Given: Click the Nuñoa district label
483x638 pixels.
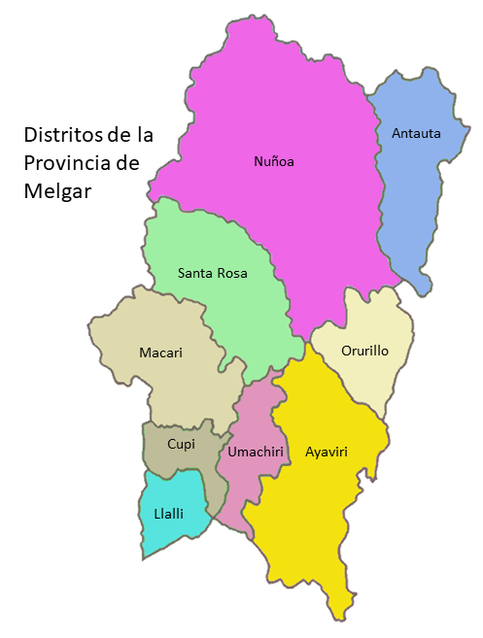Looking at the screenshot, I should click(x=273, y=161).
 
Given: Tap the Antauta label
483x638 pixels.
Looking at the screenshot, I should click(x=416, y=133).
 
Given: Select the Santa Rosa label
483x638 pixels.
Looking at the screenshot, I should click(x=212, y=273).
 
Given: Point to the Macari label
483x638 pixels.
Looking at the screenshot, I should click(x=160, y=352).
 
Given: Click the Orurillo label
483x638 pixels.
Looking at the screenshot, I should click(x=364, y=351).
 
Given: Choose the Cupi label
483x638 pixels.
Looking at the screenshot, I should click(x=181, y=444).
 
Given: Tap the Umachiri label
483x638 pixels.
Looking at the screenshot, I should click(x=255, y=452).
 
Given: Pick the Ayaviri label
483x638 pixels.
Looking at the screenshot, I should click(x=326, y=452).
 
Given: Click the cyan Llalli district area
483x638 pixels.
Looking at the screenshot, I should click(x=165, y=534).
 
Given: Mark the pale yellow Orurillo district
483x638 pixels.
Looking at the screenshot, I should click(x=374, y=384).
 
